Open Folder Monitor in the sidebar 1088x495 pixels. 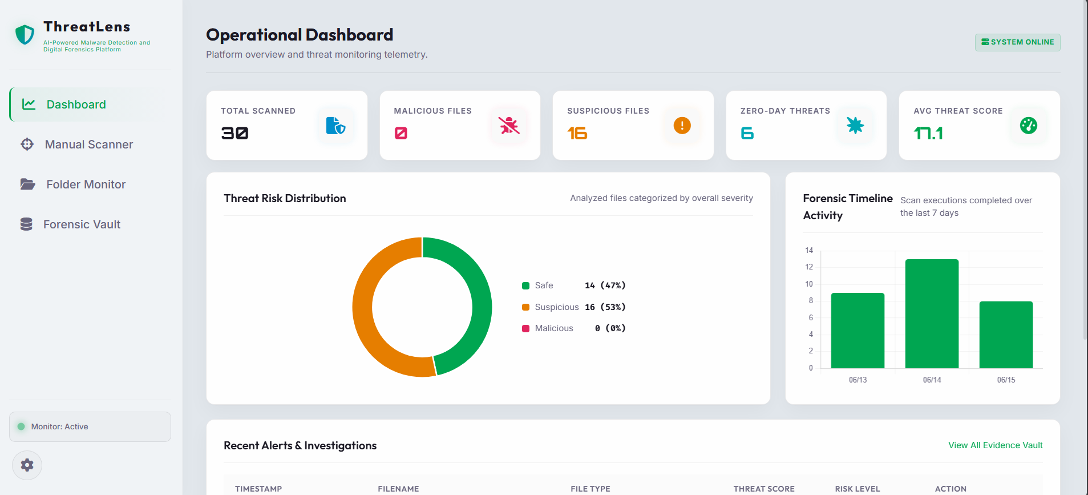point(73,184)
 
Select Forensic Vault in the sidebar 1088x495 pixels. point(71,224)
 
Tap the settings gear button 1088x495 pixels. point(27,465)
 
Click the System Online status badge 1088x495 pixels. point(1017,42)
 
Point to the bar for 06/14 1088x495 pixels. point(932,313)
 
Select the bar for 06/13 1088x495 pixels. point(858,331)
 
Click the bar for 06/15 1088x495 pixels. point(1006,335)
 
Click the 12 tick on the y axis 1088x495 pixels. point(809,267)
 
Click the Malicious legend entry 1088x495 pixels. point(573,328)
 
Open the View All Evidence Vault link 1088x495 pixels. point(995,445)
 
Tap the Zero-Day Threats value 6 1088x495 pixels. point(747,133)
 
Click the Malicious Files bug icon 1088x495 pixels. point(509,125)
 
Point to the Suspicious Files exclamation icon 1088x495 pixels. point(682,125)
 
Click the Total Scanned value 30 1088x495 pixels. point(234,133)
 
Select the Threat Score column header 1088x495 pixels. point(764,489)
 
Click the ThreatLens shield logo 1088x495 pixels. point(25,34)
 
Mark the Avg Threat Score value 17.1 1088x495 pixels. point(928,133)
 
